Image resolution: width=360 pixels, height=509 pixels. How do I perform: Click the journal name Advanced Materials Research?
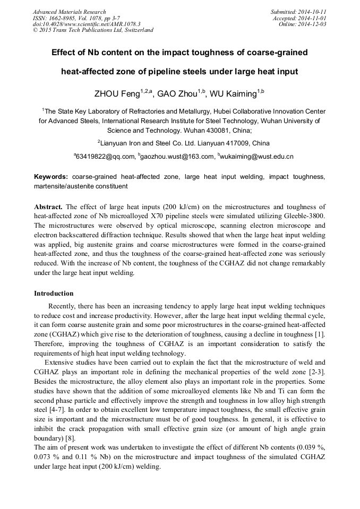point(69,12)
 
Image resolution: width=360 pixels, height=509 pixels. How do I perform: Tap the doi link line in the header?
point(87,24)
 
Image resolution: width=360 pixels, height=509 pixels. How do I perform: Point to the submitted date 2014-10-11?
point(312,12)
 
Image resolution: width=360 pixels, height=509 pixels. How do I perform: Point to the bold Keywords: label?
point(51,176)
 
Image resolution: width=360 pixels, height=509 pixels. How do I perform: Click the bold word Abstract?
point(49,206)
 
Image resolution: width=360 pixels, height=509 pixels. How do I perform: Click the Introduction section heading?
point(54,294)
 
